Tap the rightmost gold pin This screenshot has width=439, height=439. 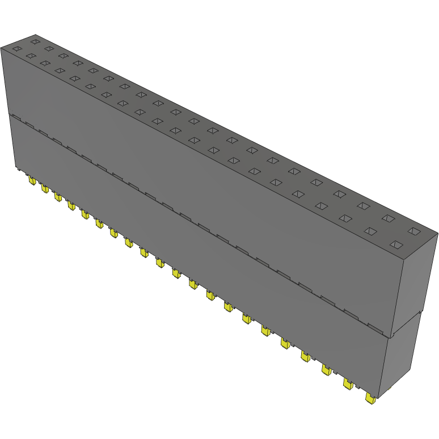(x=371, y=399)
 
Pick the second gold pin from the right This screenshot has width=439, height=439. (x=347, y=385)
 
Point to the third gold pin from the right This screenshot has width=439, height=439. (x=327, y=370)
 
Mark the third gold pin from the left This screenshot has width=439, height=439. (x=58, y=196)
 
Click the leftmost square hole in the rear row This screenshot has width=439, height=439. (x=35, y=41)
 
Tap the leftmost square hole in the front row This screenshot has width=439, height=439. (x=16, y=49)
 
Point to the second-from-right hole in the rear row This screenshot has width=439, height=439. (x=389, y=218)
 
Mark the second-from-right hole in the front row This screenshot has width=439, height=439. (x=370, y=231)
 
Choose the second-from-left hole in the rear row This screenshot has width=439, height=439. (x=49, y=48)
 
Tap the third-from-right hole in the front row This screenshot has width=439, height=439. (x=345, y=218)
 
